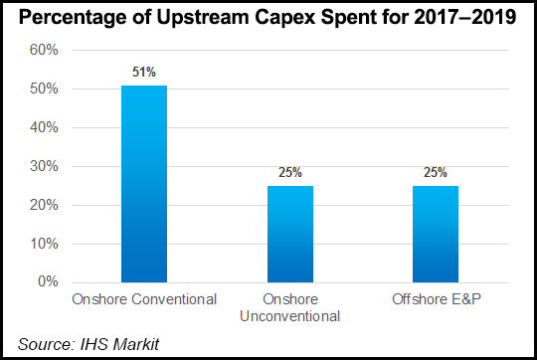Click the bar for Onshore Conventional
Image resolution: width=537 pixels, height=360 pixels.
(x=144, y=184)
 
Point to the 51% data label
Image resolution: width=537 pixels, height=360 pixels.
(x=145, y=72)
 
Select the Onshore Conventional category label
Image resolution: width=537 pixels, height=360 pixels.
(x=144, y=299)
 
